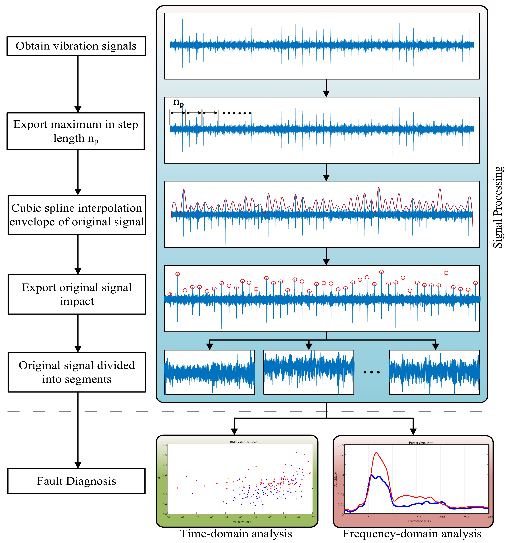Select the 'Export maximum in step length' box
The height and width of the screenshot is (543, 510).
coord(76,131)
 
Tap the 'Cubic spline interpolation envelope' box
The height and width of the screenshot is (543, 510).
coord(77,215)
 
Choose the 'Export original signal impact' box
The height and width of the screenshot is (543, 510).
coord(77,294)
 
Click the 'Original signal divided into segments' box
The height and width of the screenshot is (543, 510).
coord(77,372)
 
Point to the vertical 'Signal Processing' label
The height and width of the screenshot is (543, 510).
coord(498,207)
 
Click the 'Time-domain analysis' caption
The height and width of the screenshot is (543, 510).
coord(236,534)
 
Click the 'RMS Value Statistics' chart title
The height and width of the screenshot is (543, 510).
coord(243,442)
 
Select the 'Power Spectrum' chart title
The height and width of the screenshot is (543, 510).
coord(421,443)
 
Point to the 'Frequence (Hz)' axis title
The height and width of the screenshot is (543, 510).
coord(419,521)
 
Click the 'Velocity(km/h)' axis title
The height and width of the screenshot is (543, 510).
coord(243,522)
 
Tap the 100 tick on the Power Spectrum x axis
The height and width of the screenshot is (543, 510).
coord(394,517)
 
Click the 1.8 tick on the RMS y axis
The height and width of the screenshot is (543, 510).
coord(165,445)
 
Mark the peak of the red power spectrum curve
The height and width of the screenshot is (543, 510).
coord(376,453)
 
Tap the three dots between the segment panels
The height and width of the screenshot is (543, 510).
coord(371,372)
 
